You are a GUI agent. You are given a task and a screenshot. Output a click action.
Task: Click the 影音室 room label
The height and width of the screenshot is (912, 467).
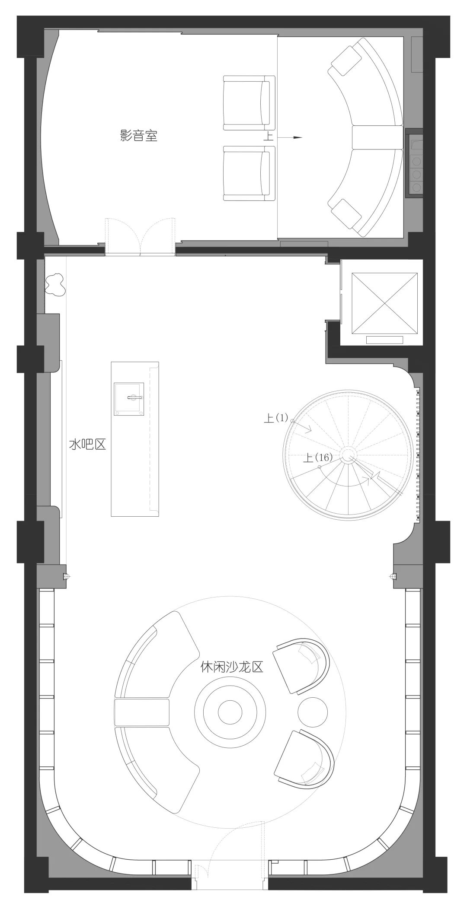point(138,137)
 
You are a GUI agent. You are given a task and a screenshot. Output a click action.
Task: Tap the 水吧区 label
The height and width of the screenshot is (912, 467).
point(87,445)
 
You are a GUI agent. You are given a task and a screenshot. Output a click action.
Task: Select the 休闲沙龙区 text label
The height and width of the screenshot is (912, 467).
point(232,667)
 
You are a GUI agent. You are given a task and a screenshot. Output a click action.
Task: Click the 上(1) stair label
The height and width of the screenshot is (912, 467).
point(276,418)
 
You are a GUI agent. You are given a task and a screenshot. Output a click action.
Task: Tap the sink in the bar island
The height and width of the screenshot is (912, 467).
point(129,399)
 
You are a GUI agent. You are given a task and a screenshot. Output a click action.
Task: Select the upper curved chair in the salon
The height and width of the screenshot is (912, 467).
point(302,667)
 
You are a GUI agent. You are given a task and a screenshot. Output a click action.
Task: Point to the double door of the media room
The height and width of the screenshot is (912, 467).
point(141,238)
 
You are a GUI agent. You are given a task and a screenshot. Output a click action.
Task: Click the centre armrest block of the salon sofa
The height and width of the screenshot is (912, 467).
point(141,712)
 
